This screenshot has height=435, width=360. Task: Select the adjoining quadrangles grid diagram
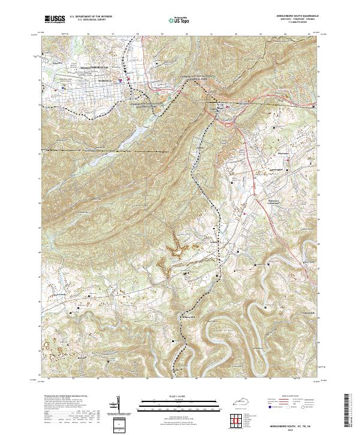pyautogui.click(x=237, y=419)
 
